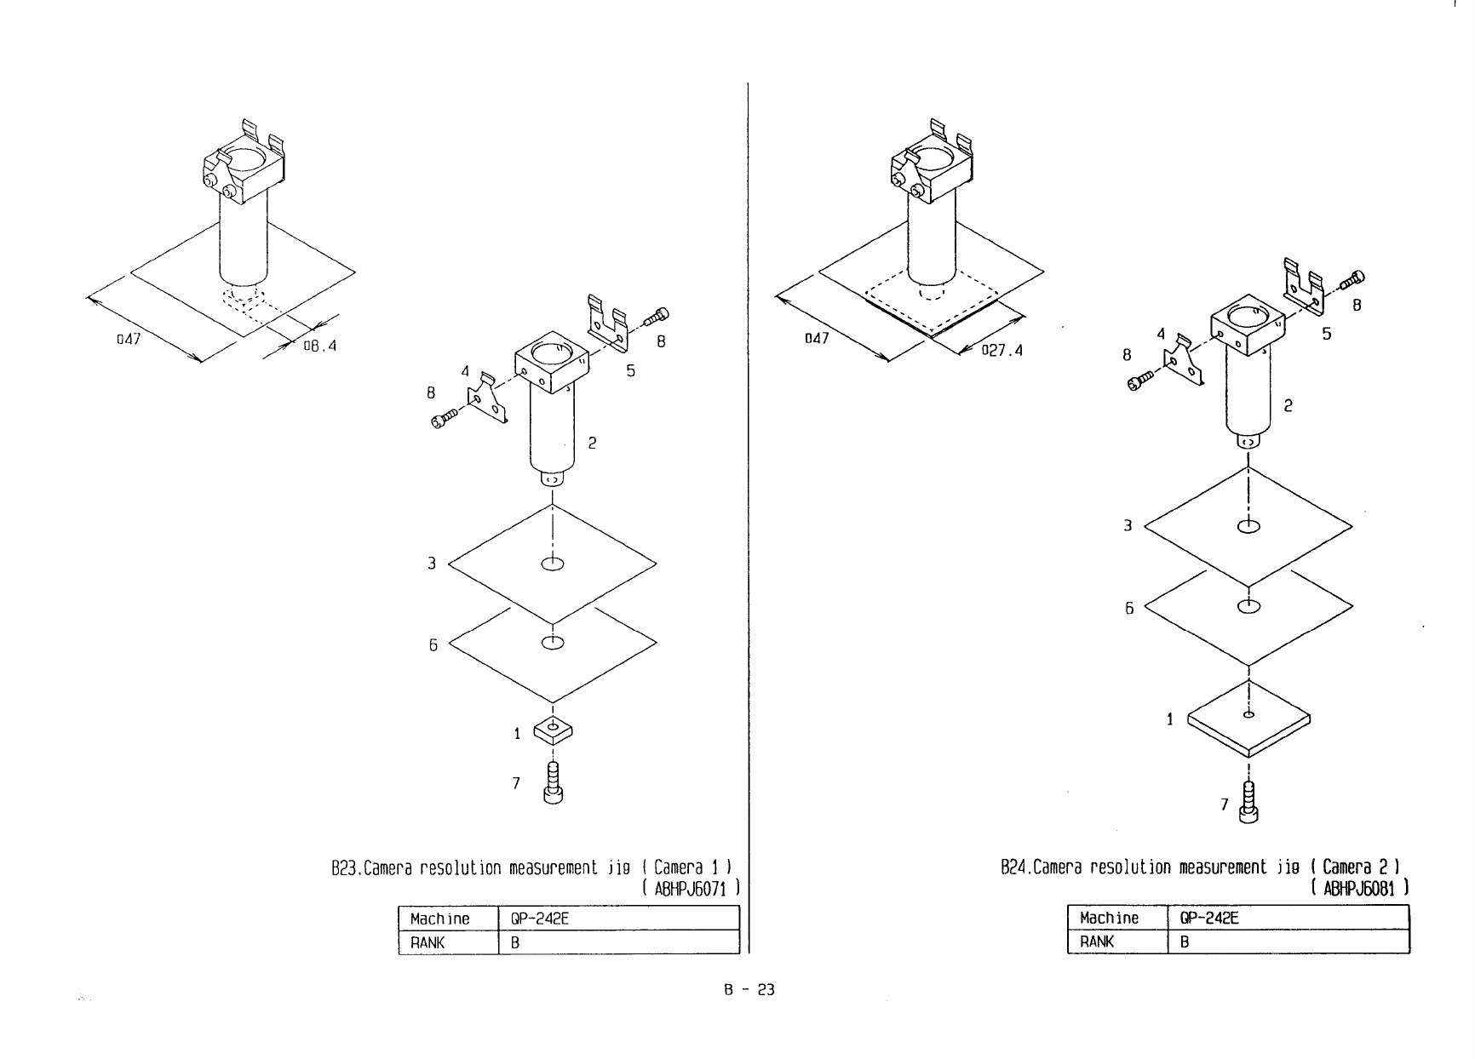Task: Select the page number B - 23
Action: point(749,990)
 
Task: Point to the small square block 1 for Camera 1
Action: point(554,729)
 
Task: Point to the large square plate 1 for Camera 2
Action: point(1248,720)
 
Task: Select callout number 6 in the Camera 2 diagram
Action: point(1129,609)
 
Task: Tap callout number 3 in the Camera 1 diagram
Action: point(433,563)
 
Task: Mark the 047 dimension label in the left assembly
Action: point(127,339)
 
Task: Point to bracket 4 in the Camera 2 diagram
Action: point(1185,361)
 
